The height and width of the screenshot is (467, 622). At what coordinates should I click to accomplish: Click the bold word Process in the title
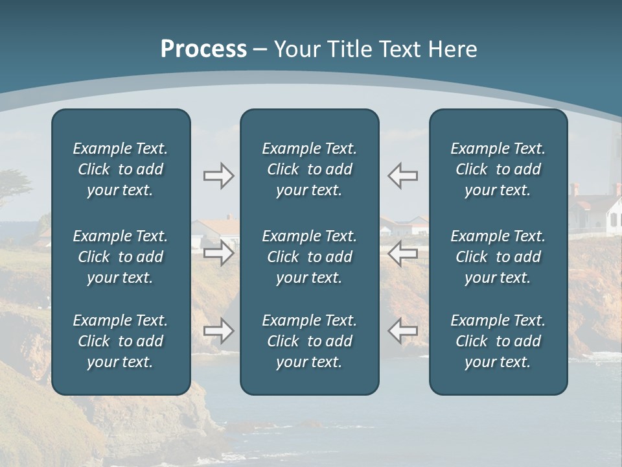click(203, 49)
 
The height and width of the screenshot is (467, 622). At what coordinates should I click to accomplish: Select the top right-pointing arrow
click(218, 176)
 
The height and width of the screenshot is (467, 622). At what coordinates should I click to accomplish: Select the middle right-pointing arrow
click(218, 253)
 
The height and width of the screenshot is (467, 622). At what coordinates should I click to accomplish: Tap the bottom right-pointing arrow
click(218, 331)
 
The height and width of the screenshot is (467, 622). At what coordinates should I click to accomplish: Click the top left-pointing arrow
click(402, 176)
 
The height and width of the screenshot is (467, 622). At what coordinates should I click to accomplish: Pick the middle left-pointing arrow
click(402, 253)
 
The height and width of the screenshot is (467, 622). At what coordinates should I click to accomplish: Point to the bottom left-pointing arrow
click(402, 331)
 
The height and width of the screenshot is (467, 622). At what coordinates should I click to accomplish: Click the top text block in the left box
click(121, 169)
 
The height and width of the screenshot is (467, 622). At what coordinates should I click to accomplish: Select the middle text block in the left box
click(121, 257)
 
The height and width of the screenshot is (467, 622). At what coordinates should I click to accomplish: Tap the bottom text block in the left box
click(121, 341)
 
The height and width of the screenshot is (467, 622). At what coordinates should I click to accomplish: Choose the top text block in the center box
click(309, 169)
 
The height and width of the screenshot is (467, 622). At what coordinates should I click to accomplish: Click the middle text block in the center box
click(309, 257)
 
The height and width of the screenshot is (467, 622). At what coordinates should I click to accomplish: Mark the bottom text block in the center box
click(309, 341)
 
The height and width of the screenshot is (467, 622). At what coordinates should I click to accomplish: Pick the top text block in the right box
click(498, 169)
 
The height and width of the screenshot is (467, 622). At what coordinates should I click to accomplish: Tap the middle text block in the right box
click(498, 257)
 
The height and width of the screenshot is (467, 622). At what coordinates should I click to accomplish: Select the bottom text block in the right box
click(498, 341)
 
